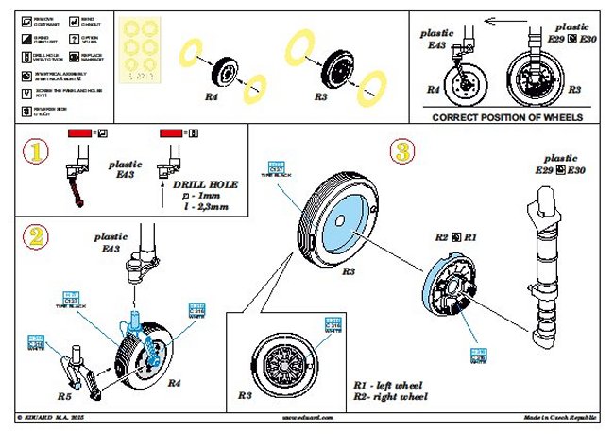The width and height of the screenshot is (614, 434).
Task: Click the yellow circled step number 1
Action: (x=34, y=151)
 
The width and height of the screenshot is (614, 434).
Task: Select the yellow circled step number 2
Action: (x=36, y=237)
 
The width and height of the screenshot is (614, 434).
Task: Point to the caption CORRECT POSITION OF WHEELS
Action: (x=506, y=117)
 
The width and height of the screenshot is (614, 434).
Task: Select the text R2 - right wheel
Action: (x=390, y=397)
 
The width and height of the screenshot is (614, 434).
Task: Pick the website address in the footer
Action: (x=305, y=416)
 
